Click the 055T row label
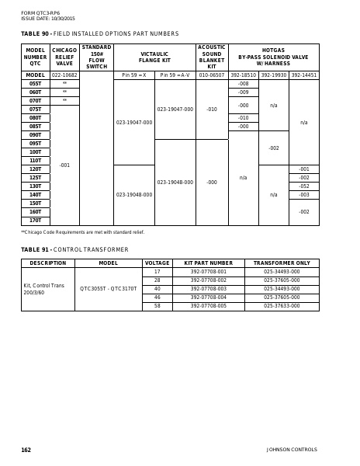coord(35,83)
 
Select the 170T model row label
coord(35,221)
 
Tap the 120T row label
coord(35,169)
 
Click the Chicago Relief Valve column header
coord(64,57)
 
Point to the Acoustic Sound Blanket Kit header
coord(212,57)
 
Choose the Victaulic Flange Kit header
coord(154,57)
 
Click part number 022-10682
coord(64,75)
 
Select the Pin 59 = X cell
coord(133,75)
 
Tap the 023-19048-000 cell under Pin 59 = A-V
coord(175,183)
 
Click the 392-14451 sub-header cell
coord(303,75)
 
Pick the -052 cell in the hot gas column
coord(303,186)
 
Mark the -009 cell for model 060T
coord(243,92)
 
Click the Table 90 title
coord(99,34)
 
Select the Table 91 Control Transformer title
coord(74,249)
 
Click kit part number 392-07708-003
coord(209,289)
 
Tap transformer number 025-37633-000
coord(281,306)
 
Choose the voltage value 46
coord(157,297)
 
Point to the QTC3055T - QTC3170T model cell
coord(108,289)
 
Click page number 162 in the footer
coord(26,450)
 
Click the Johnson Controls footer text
coord(292,450)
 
